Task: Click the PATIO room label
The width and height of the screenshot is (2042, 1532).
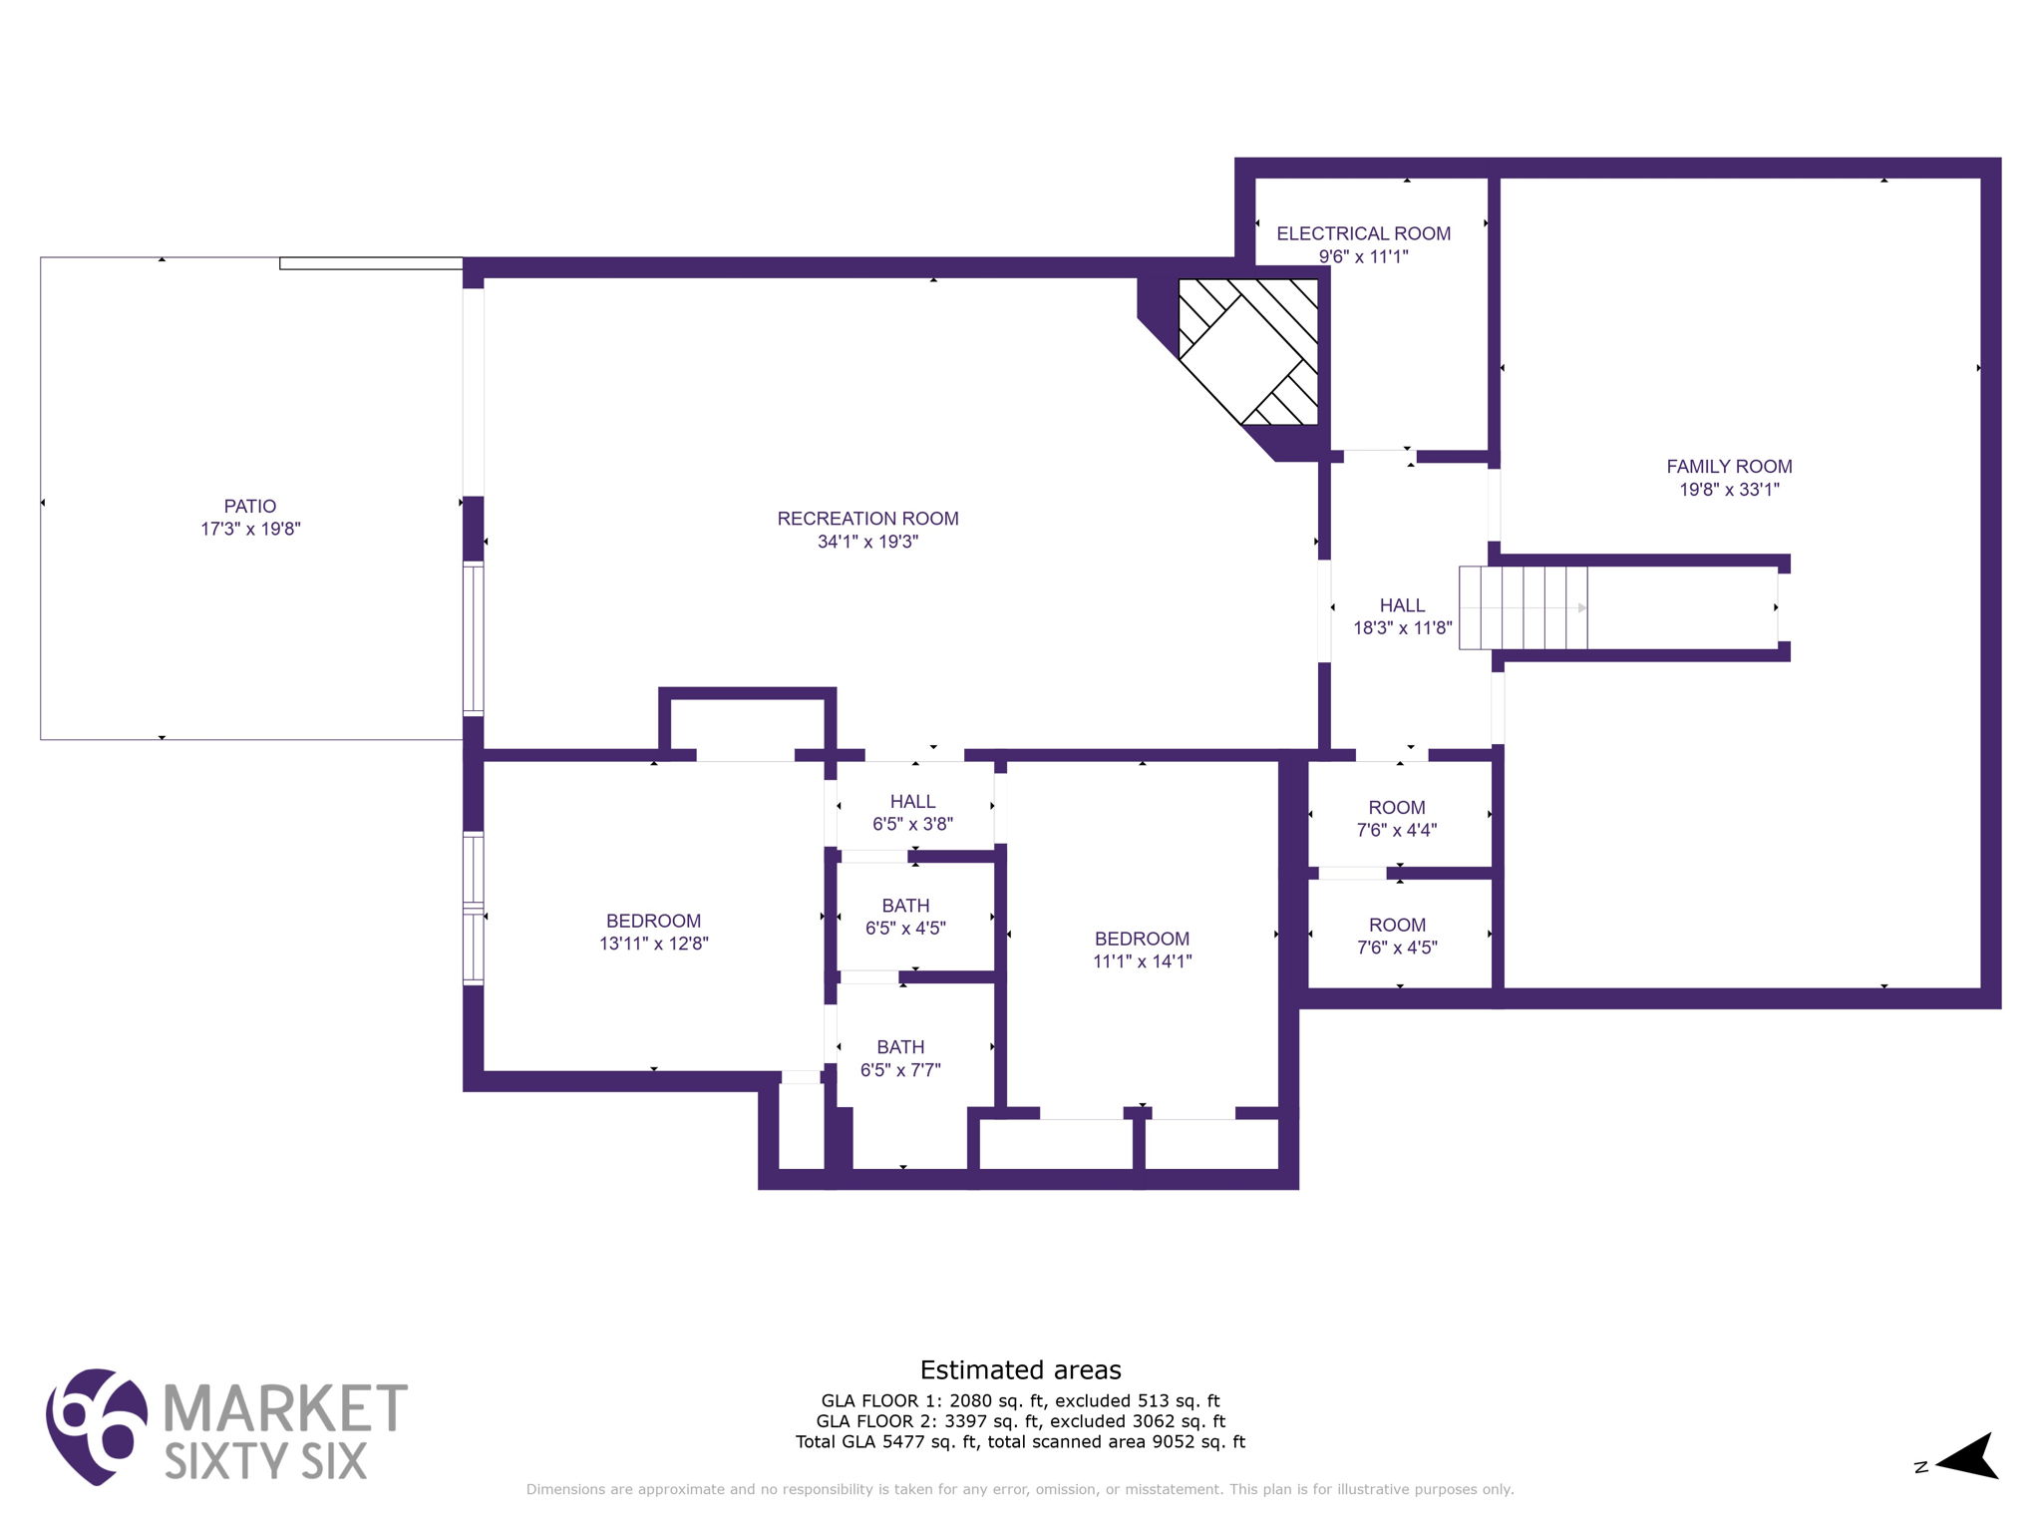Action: click(249, 507)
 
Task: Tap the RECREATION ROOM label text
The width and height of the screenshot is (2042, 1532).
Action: click(867, 519)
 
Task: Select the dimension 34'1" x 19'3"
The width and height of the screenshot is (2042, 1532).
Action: click(867, 542)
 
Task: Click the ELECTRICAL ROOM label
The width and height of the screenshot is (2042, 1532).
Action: click(1363, 233)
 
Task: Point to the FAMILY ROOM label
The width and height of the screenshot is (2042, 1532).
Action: click(1729, 466)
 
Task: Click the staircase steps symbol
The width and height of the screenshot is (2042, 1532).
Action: click(1523, 607)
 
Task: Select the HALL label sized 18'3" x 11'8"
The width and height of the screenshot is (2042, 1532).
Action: click(1402, 605)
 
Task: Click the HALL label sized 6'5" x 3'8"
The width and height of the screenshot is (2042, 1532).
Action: click(912, 802)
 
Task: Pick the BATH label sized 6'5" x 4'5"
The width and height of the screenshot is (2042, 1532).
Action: click(905, 906)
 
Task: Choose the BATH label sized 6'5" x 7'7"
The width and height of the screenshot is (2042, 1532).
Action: click(900, 1047)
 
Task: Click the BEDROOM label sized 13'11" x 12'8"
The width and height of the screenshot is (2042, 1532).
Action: click(653, 921)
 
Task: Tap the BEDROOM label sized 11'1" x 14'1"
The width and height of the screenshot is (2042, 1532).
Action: click(1142, 939)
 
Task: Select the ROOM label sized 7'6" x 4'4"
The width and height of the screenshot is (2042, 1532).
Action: click(1396, 808)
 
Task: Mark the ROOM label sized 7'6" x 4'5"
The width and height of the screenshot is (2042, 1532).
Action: click(1397, 926)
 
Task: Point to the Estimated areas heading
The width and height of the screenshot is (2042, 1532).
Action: click(1020, 1370)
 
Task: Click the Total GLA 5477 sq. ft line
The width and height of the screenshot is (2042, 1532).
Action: click(1020, 1441)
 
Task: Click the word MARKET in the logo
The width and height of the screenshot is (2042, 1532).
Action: click(285, 1407)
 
